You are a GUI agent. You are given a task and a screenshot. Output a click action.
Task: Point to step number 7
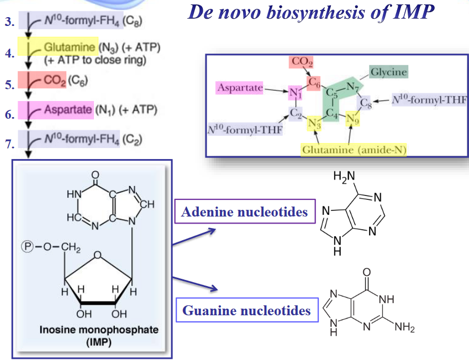(9, 145)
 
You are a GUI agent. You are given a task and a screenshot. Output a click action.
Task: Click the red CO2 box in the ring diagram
(303, 62)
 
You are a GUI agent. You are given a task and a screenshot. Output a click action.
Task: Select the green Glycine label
(388, 72)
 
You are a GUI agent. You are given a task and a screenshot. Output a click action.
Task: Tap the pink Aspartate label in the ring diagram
(239, 88)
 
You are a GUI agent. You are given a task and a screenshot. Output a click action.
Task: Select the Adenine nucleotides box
(245, 211)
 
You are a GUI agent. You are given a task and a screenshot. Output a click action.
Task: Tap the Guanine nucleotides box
(246, 310)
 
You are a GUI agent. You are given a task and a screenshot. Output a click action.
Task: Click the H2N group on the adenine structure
(343, 177)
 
